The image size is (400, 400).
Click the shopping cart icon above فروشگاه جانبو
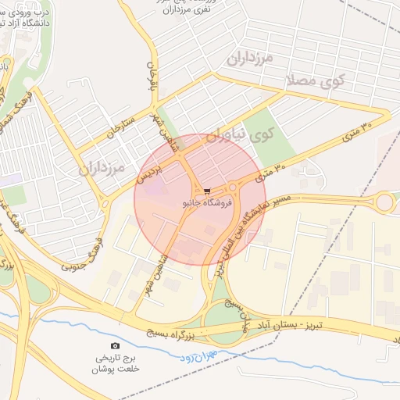pyautogui.click(x=206, y=191)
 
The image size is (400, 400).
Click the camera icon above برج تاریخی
pyautogui.click(x=116, y=345)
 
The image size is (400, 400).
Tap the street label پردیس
pyautogui.click(x=150, y=166)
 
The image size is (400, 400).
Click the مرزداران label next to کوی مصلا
pyautogui.click(x=249, y=57)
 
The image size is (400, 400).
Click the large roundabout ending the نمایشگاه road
pyautogui.click(x=385, y=203)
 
